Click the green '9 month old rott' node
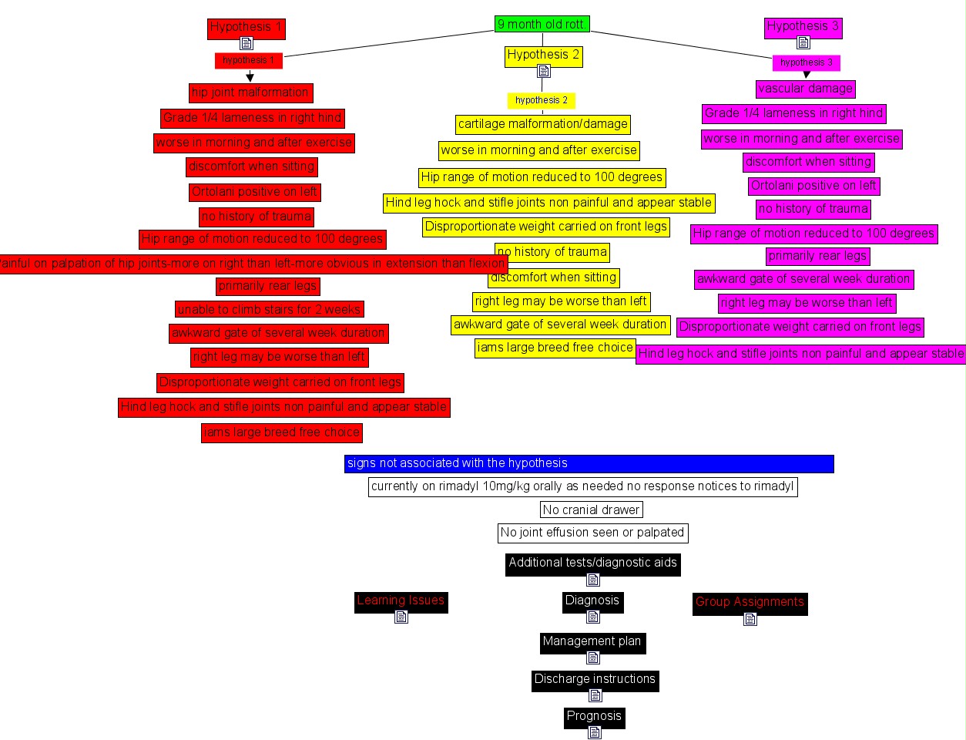[x=542, y=25]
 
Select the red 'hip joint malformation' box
[x=250, y=92]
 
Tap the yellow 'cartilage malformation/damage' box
[x=542, y=124]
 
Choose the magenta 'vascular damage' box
[x=805, y=89]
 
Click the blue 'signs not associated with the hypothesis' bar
[x=589, y=463]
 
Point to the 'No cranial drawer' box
[x=591, y=510]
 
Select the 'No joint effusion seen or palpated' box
[x=592, y=533]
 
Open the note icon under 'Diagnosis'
[x=593, y=617]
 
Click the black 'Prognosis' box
[x=594, y=716]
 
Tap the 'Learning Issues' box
[x=401, y=600]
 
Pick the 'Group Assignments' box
[x=750, y=602]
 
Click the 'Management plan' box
[x=592, y=641]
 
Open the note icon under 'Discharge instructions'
[x=595, y=695]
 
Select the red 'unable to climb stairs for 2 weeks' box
[x=269, y=309]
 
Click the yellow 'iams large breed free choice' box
[x=555, y=348]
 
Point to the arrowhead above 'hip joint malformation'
[x=250, y=77]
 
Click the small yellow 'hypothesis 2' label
[x=542, y=100]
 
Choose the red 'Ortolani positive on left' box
[x=254, y=192]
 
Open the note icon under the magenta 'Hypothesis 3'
[x=803, y=42]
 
